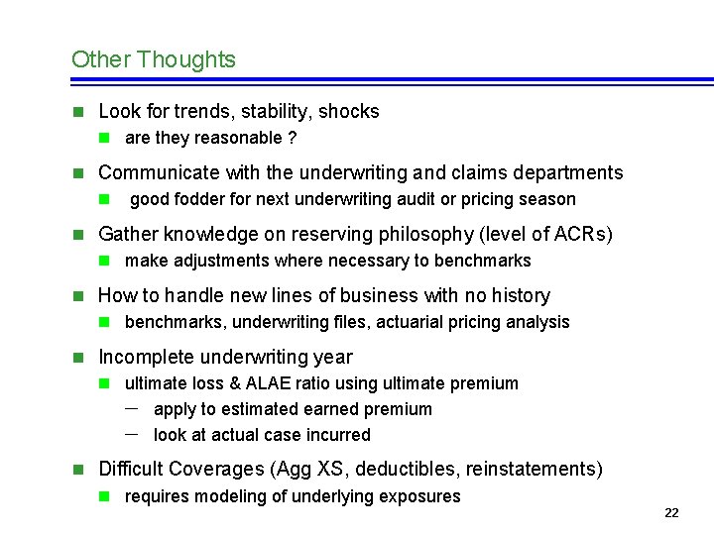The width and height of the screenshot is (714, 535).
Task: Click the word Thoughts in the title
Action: (186, 59)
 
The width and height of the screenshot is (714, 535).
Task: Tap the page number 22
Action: (671, 512)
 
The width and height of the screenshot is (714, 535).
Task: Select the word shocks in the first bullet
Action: (349, 112)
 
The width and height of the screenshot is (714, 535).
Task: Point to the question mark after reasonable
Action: (292, 138)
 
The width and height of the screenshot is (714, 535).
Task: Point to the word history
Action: (518, 296)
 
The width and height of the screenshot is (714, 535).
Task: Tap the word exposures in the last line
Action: (420, 496)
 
